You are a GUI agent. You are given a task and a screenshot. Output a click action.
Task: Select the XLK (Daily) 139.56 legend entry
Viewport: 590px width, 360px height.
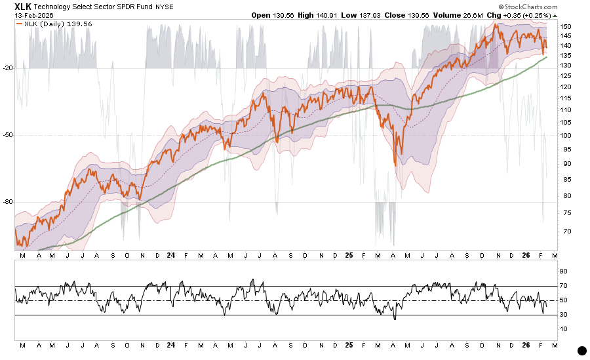click(x=46, y=23)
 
